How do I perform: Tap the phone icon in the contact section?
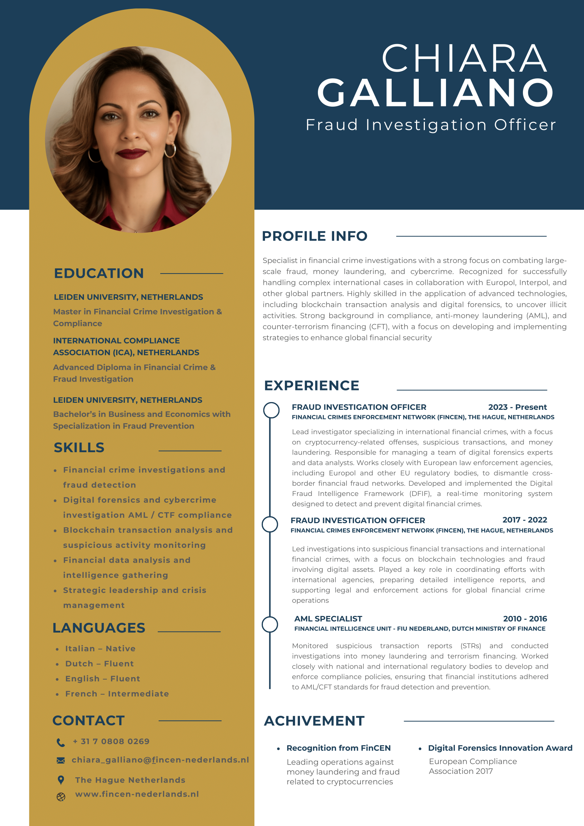click(61, 742)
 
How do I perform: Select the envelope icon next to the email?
click(61, 760)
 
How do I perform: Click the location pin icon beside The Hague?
click(61, 780)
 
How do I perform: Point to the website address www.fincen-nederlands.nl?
click(137, 794)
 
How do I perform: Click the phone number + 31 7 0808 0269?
click(111, 741)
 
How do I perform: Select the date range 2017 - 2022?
click(524, 520)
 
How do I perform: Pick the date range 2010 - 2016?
click(525, 619)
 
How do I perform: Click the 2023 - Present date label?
click(517, 407)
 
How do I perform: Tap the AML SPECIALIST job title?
click(328, 619)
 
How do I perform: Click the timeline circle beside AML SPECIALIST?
click(270, 624)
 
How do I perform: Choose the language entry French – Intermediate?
click(117, 694)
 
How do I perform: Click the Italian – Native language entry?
click(100, 649)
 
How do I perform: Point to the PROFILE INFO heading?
click(315, 236)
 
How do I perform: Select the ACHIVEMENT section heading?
click(314, 721)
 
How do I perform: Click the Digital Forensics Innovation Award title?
click(500, 748)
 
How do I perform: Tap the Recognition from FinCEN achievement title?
click(338, 748)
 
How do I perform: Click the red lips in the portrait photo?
click(131, 154)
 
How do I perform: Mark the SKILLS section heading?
click(79, 448)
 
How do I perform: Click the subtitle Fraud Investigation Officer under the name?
click(431, 125)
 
